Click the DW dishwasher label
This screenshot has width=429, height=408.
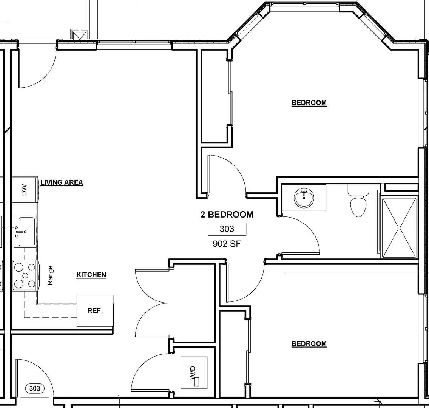pos(25,190)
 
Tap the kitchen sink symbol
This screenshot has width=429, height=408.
pos(25,231)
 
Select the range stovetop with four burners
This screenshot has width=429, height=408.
pos(25,275)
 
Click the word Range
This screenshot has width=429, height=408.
pos(50,275)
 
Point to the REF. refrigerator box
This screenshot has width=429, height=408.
pos(95,311)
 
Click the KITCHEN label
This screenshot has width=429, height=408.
pos(91,275)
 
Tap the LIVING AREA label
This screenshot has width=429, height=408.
pos(62,182)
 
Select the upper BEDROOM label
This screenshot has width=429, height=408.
pos(309,103)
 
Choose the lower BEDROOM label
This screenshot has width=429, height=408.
pos(309,343)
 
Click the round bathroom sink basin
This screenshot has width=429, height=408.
pos(304,198)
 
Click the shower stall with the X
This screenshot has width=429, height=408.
pos(399,227)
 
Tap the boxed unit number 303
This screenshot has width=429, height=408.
pos(227,229)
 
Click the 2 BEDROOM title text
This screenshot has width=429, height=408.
pos(227,215)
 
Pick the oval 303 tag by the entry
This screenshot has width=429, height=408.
pos(35,388)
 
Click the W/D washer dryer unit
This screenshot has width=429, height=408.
pos(194,372)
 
